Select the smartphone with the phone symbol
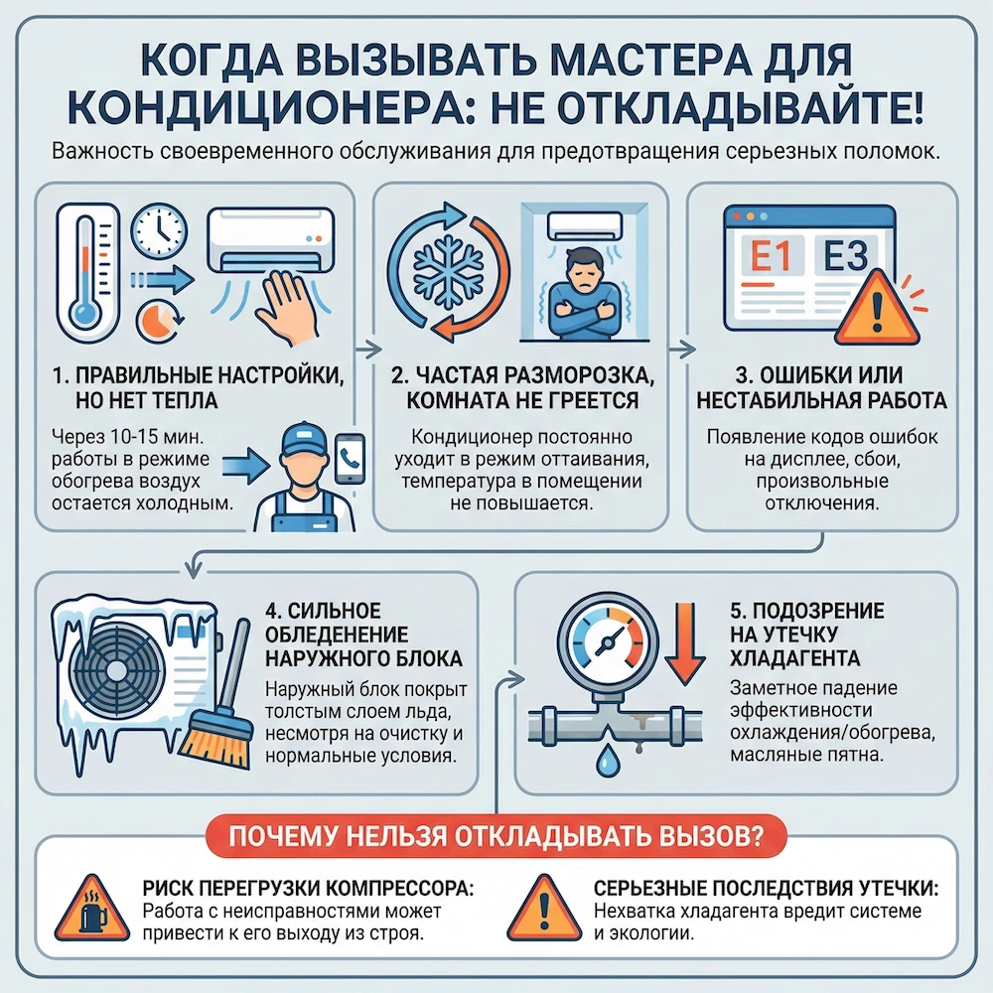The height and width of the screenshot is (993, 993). click(349, 459)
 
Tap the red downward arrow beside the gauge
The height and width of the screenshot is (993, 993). click(680, 646)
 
